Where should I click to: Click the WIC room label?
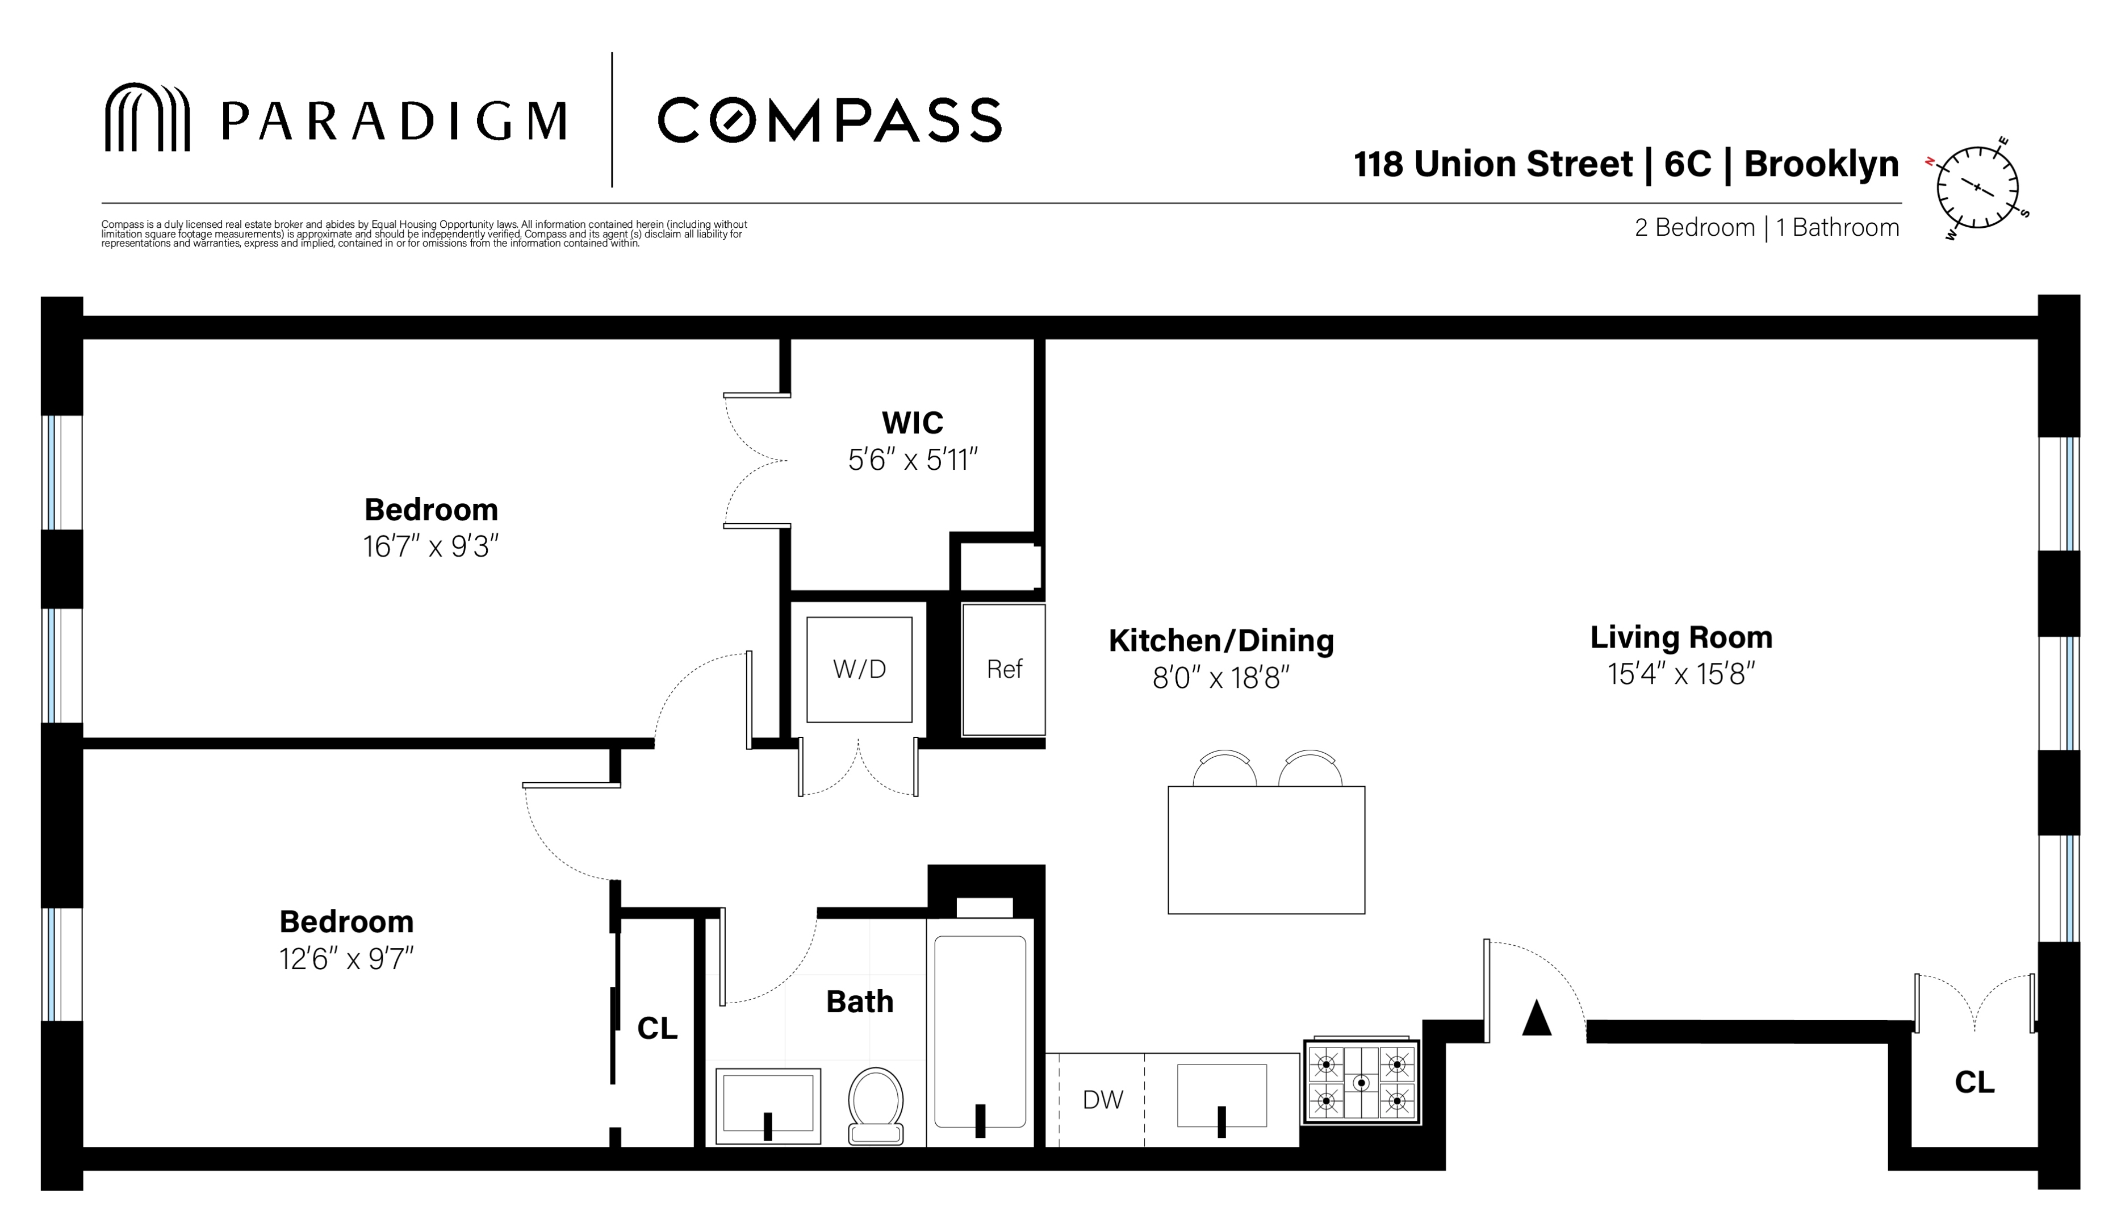pyautogui.click(x=913, y=422)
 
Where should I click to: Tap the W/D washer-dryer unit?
pyautogui.click(x=859, y=669)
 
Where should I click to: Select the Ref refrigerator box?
pyautogui.click(x=1004, y=669)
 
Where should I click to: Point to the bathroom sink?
pyautogui.click(x=768, y=1105)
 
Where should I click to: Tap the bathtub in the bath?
pyautogui.click(x=980, y=1032)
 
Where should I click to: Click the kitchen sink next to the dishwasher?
pyautogui.click(x=1221, y=1096)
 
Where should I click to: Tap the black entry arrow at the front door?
pyautogui.click(x=1537, y=1018)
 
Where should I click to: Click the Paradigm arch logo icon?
pyautogui.click(x=147, y=117)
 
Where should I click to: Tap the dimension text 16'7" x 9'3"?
pyautogui.click(x=431, y=547)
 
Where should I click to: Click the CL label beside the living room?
pyautogui.click(x=1974, y=1083)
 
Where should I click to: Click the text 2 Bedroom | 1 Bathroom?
pyautogui.click(x=1767, y=228)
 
